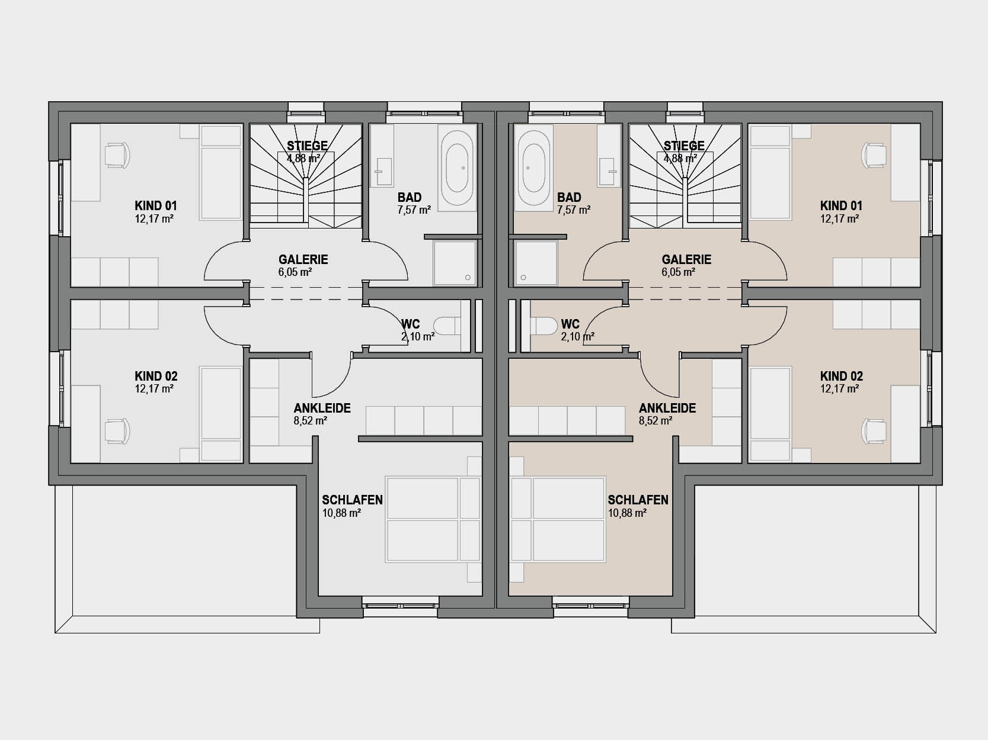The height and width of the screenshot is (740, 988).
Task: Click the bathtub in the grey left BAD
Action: click(458, 168)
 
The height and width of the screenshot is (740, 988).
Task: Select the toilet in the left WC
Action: click(447, 326)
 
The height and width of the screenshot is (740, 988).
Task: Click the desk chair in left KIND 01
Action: click(117, 155)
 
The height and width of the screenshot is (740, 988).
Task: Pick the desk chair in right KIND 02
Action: click(874, 432)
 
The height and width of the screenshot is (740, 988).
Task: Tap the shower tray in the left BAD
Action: click(455, 263)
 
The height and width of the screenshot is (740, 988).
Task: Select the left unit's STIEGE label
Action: click(307, 146)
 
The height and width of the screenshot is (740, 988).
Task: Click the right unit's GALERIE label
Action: click(686, 259)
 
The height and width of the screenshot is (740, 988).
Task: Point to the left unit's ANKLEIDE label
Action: click(322, 408)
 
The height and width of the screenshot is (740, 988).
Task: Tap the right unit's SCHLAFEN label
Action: click(638, 500)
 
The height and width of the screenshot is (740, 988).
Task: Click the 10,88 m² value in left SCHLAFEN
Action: click(341, 513)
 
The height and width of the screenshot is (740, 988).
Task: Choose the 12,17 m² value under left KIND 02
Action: click(154, 389)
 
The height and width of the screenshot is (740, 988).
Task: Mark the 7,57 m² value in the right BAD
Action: click(574, 210)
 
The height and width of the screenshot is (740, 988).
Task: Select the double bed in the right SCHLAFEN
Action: click(558, 519)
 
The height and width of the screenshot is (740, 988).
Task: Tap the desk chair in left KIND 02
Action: click(117, 432)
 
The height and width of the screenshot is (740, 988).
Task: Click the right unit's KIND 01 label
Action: click(841, 206)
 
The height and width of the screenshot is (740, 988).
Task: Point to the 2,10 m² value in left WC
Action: click(418, 336)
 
